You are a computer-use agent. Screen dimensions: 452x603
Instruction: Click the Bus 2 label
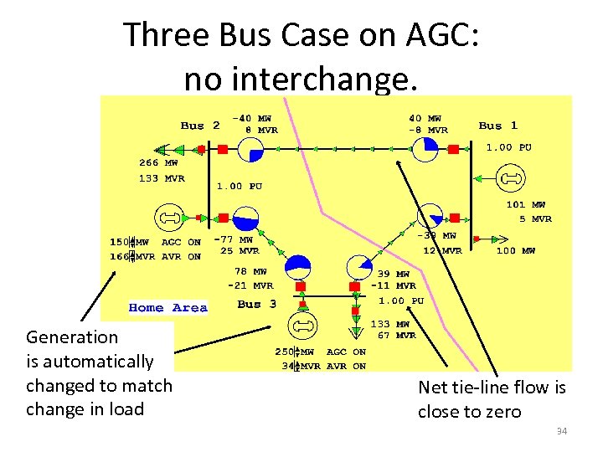point(200,126)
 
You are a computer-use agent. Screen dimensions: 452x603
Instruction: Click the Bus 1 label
point(498,126)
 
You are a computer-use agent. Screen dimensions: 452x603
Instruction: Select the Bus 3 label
point(256,304)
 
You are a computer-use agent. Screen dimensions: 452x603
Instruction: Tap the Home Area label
point(167,308)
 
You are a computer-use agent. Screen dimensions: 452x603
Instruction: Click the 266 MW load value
point(158,164)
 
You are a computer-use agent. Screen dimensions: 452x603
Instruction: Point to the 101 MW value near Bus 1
point(525,204)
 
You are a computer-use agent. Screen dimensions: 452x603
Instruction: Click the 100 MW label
point(517,250)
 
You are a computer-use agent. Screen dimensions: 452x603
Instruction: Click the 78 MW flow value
point(250,272)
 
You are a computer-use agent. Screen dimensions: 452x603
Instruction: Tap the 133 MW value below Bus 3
point(391,324)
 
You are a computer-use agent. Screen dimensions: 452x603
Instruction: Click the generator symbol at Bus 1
point(509,178)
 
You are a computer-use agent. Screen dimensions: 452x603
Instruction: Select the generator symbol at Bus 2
point(171,218)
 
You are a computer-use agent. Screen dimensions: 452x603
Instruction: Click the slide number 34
point(562,431)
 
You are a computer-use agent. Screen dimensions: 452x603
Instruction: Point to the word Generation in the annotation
point(72,337)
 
